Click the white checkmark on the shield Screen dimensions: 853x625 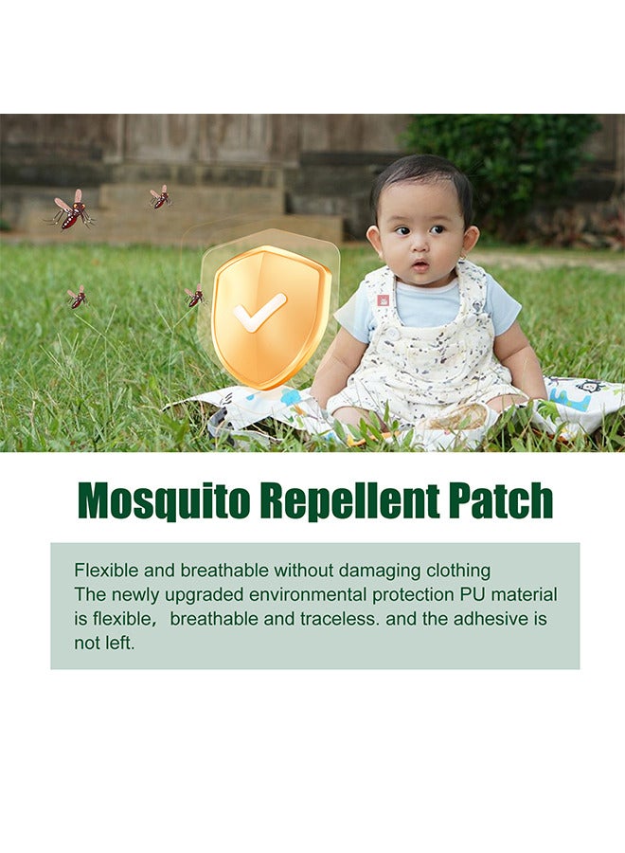click(x=259, y=313)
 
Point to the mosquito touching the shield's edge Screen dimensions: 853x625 click(x=195, y=297)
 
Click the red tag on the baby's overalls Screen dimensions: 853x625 click(x=384, y=299)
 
